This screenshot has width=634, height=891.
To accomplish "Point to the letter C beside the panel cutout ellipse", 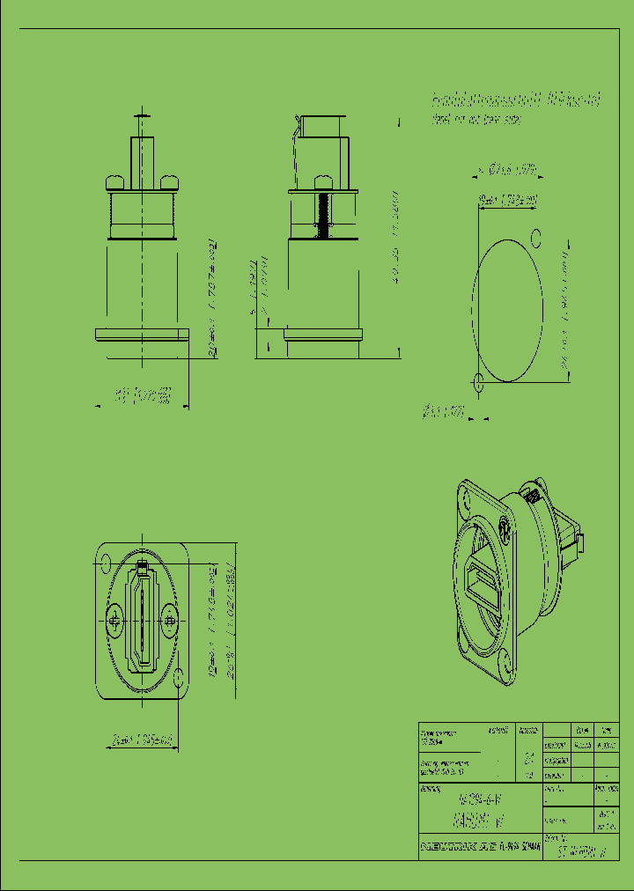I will [x=534, y=235].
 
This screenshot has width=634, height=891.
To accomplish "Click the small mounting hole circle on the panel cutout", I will [x=478, y=382].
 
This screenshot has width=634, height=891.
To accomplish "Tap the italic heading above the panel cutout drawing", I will [x=514, y=99].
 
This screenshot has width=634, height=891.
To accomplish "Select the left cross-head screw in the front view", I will [x=117, y=622].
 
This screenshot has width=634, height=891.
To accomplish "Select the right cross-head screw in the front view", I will [x=168, y=622].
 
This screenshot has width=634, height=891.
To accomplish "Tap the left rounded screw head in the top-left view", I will [x=115, y=182].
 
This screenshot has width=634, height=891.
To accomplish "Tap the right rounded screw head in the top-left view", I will [x=170, y=182].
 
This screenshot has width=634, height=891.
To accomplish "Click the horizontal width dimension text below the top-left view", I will [x=142, y=397].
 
